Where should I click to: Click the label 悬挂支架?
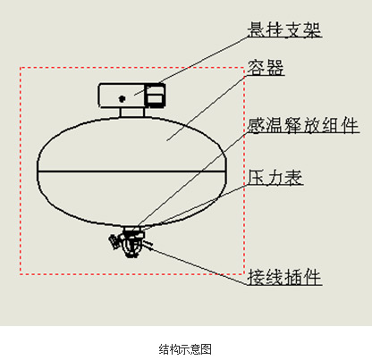pyautogui.click(x=284, y=29)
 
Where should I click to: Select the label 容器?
pyautogui.click(x=266, y=67)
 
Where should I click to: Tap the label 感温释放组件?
pyautogui.click(x=303, y=125)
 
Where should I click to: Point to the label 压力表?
pyautogui.click(x=275, y=178)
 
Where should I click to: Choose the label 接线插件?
pyautogui.click(x=284, y=277)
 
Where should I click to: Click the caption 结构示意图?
pyautogui.click(x=185, y=349)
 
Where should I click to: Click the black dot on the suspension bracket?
pyautogui.click(x=122, y=98)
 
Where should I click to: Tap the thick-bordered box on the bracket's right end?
pyautogui.click(x=155, y=96)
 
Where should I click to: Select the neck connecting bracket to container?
pyautogui.click(x=132, y=112)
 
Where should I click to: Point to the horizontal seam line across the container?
pyautogui.click(x=131, y=172)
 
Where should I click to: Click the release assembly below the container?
pyautogui.click(x=131, y=242)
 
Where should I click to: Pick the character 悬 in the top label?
pyautogui.click(x=256, y=29)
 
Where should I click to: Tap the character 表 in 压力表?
pyautogui.click(x=293, y=178)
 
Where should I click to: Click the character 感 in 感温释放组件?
pyautogui.click(x=256, y=125)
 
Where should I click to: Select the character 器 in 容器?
pyautogui.click(x=275, y=67)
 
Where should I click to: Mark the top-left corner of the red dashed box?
pyautogui.click(x=21, y=68)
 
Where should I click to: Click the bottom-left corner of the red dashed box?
pyautogui.click(x=21, y=273)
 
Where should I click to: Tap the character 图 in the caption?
pyautogui.click(x=207, y=349)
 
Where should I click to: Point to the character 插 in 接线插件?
pyautogui.click(x=293, y=277)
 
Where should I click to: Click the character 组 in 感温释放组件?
pyautogui.click(x=331, y=125)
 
